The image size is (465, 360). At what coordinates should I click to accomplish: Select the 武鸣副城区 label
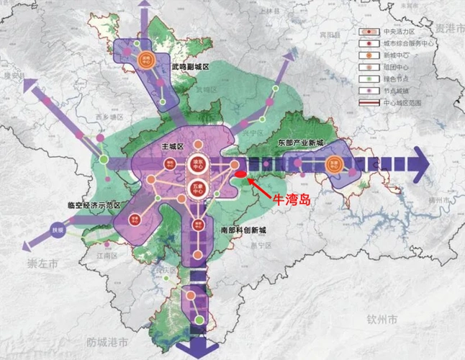click(190, 67)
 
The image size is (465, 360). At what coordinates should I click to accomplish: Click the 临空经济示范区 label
click(91, 204)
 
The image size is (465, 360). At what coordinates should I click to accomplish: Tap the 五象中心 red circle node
click(195, 189)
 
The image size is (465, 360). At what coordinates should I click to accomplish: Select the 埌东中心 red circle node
click(195, 165)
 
